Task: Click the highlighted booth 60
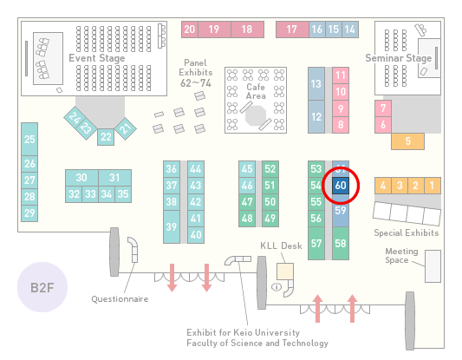click(341, 186)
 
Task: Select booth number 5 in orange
click(407, 141)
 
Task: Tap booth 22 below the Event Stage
click(106, 137)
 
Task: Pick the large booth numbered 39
click(172, 226)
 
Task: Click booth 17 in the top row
click(292, 29)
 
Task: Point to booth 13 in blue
click(316, 84)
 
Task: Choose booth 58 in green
click(341, 243)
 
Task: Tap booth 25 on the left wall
click(29, 139)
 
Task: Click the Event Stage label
click(96, 58)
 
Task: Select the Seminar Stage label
click(399, 58)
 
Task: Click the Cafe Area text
click(256, 91)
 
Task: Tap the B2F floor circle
click(42, 287)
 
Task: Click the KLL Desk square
click(285, 272)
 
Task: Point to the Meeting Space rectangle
click(433, 266)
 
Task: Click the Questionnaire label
click(120, 299)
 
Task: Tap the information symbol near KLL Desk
click(277, 286)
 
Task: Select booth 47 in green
click(247, 202)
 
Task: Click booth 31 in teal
click(115, 178)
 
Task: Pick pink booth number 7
click(383, 108)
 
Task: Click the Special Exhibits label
click(407, 233)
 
